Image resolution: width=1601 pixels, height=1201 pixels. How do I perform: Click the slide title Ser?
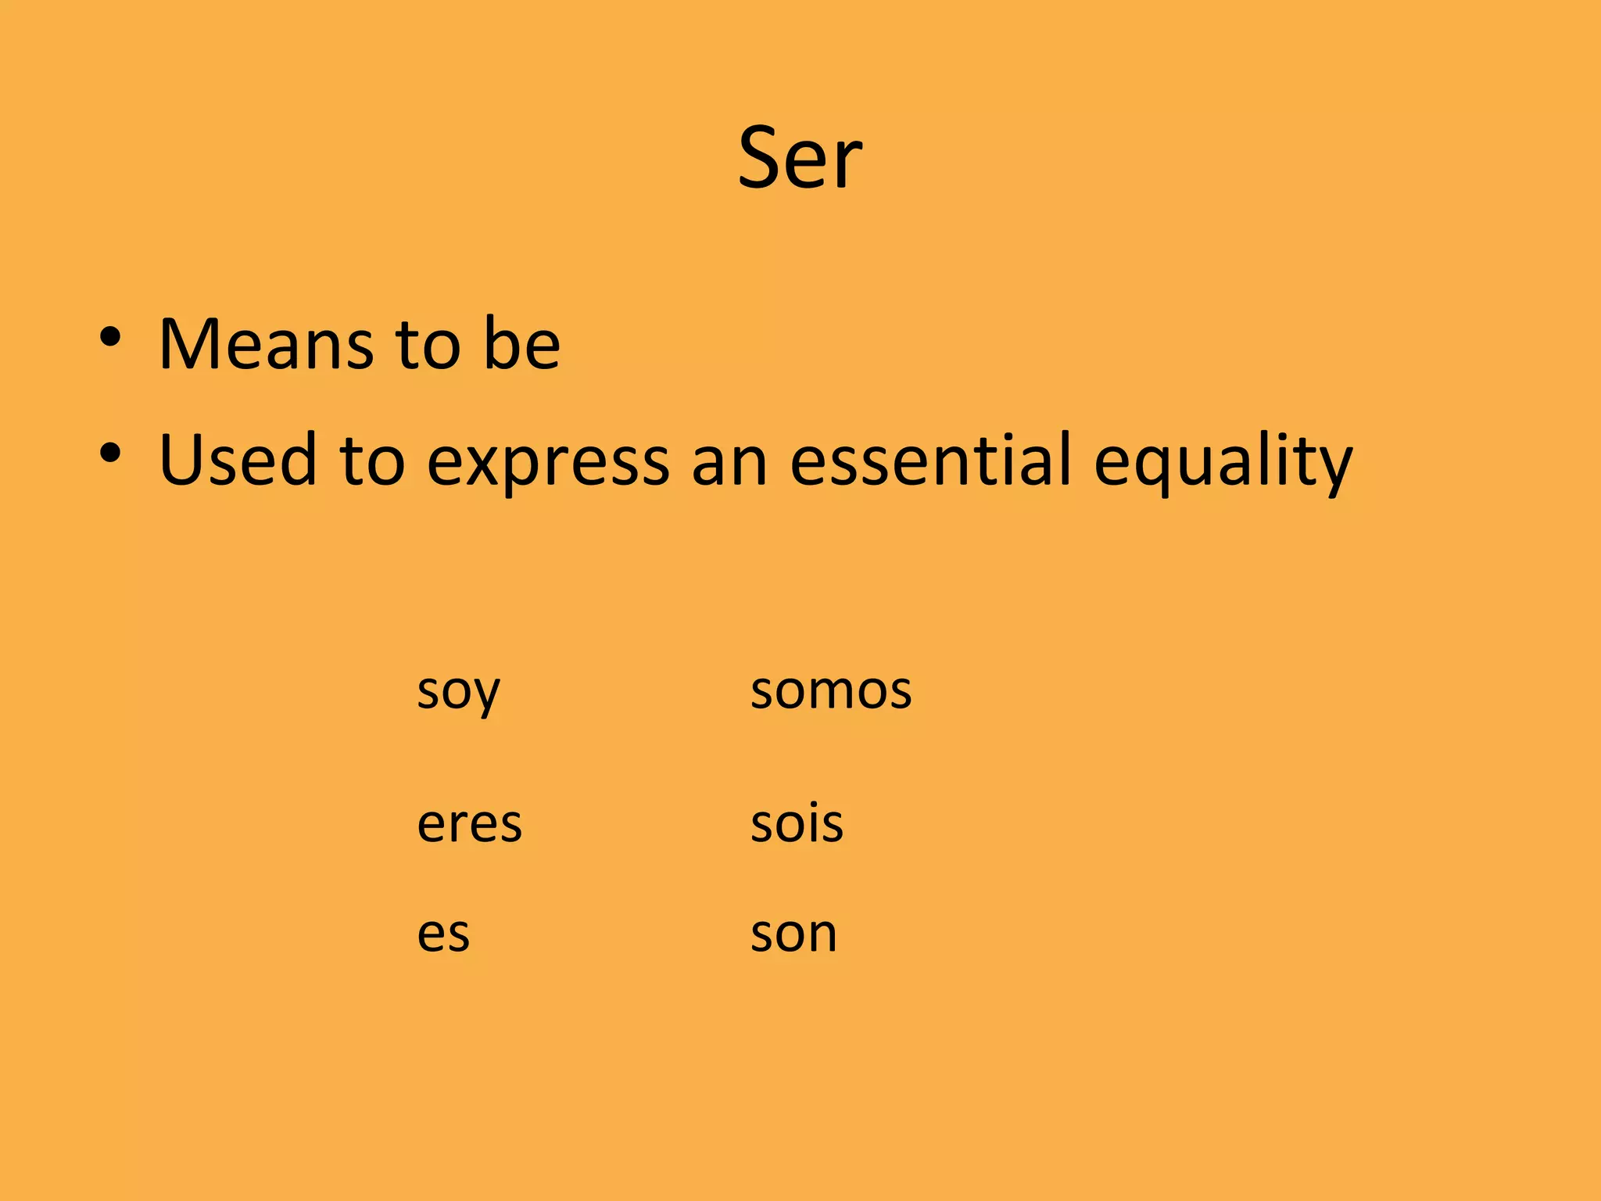[x=800, y=159]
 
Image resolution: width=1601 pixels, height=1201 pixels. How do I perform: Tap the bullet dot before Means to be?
[x=110, y=338]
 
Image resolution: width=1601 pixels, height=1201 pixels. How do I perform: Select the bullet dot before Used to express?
[x=110, y=453]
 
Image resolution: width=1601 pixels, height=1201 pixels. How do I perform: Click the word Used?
[x=238, y=460]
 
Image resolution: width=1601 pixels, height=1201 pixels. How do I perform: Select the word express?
[x=548, y=461]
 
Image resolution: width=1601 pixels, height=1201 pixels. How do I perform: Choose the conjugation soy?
[x=458, y=691]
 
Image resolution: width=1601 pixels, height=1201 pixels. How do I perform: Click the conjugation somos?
[x=831, y=691]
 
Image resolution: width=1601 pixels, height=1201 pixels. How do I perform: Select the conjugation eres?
[x=469, y=824]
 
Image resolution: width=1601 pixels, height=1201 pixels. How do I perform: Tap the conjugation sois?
[x=797, y=824]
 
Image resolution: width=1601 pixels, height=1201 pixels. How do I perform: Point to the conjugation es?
[x=443, y=934]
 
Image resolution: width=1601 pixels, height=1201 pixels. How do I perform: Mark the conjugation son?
[x=793, y=934]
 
